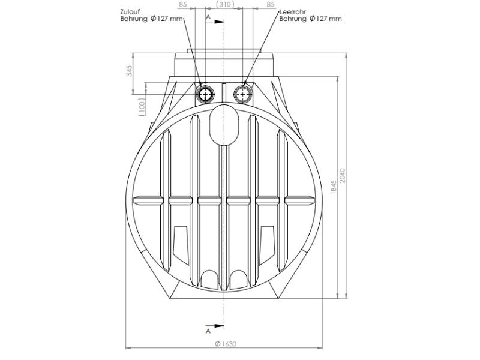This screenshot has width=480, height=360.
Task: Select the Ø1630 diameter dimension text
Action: [225, 344]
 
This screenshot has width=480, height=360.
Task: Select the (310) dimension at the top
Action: [224, 4]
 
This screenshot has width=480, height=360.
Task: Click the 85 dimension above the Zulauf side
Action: [184, 4]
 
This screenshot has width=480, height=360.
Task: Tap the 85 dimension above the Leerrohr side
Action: [270, 4]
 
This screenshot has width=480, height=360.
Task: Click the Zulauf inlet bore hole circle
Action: [206, 94]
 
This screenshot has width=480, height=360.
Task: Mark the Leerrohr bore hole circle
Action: [243, 94]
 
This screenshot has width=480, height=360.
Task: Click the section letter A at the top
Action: [208, 17]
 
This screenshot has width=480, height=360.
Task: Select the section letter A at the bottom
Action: [208, 329]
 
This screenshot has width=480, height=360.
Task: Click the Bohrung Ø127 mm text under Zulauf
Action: [151, 19]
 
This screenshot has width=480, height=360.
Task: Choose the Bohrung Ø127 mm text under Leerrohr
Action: [311, 19]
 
